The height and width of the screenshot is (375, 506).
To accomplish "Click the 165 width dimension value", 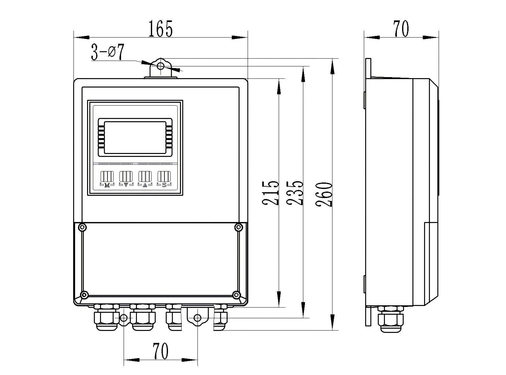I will click(x=161, y=29).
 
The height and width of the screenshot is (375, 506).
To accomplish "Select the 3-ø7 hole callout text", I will click(x=107, y=53).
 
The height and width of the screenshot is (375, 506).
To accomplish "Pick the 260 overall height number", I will click(x=324, y=194).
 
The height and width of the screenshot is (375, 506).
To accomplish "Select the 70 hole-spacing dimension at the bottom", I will click(x=161, y=351).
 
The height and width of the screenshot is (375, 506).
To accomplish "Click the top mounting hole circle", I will click(x=161, y=66).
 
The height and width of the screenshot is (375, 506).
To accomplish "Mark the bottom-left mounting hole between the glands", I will click(x=124, y=318).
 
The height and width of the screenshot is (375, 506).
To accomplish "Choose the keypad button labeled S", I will click(x=164, y=177).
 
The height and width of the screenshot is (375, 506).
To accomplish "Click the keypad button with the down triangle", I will click(x=126, y=177).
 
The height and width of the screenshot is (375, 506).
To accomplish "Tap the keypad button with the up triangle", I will click(x=145, y=177).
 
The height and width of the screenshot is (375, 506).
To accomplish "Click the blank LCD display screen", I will click(x=135, y=137).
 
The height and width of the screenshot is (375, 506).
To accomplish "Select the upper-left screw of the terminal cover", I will click(x=83, y=227).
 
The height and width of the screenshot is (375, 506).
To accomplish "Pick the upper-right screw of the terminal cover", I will click(x=238, y=227).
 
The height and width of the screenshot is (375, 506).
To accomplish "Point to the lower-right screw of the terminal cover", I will click(x=237, y=295).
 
